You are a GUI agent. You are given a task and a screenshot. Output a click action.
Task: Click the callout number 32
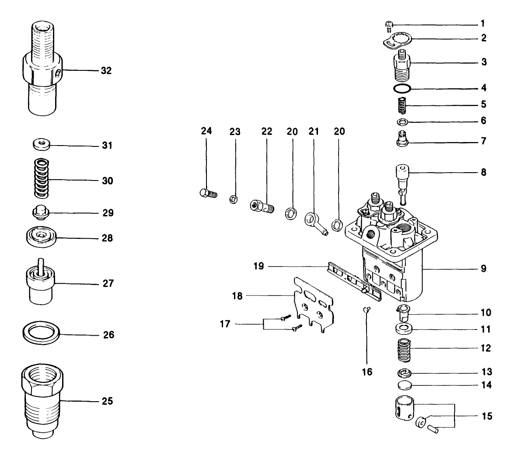coord(105,70)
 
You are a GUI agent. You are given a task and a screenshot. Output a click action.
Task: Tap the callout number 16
coord(367,372)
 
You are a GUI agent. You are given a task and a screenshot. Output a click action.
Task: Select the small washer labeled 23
coord(234,200)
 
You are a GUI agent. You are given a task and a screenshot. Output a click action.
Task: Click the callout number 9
coord(483,268)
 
